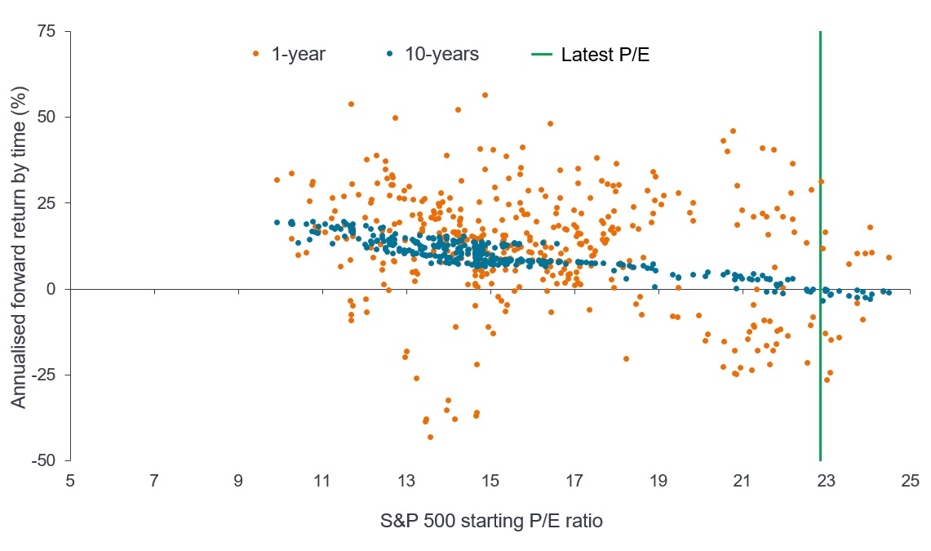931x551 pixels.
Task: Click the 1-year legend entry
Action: coord(290,55)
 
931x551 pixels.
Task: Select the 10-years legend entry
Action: coord(432,55)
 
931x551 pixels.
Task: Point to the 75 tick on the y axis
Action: coord(47,31)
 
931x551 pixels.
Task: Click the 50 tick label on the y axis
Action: coord(47,117)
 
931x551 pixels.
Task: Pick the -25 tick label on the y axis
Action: coord(44,375)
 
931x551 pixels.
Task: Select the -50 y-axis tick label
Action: coord(44,460)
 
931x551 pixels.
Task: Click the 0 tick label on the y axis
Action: coord(53,289)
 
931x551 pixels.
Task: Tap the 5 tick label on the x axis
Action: coord(71,481)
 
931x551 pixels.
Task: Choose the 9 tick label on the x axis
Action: coord(238,481)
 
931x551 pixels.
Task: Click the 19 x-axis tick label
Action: coord(658,481)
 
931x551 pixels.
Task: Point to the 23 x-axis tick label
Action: coord(826,481)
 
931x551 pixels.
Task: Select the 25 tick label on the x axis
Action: coord(910,481)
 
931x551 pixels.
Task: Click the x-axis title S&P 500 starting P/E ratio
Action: coord(490,521)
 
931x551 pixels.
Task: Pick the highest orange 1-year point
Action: coord(485,95)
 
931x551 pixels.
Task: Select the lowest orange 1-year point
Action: coord(430,437)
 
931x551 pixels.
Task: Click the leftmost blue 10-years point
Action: coord(277,222)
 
